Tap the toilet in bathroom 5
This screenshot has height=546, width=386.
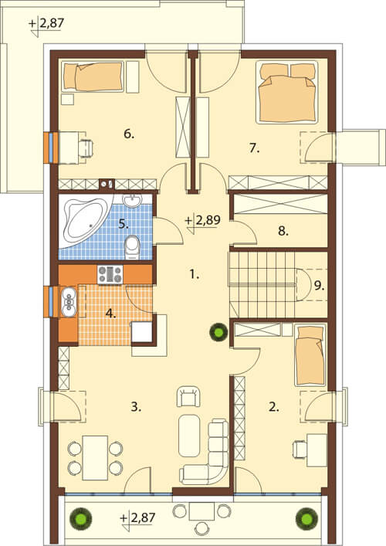click(x=132, y=247)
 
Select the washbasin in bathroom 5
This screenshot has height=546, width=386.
click(x=132, y=200)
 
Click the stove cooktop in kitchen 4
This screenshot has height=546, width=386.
click(x=110, y=275)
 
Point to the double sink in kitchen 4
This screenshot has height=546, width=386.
click(x=69, y=301)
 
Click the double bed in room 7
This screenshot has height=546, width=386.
click(x=287, y=92)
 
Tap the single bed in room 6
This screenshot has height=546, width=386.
click(x=93, y=76)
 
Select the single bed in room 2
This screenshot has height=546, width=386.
click(x=310, y=355)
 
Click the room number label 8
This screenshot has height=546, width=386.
click(x=283, y=231)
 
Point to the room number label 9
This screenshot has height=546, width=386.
click(x=319, y=287)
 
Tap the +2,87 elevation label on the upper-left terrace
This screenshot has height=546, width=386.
click(x=46, y=24)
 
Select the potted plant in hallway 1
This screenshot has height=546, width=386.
click(x=218, y=332)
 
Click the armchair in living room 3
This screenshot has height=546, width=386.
click(x=188, y=396)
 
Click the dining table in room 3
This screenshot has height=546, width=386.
click(x=95, y=457)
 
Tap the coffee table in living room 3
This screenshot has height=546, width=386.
click(x=189, y=436)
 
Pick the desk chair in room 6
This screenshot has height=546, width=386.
click(x=86, y=148)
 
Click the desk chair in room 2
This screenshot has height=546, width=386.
click(x=300, y=449)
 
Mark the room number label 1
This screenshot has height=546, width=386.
click(x=195, y=275)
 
